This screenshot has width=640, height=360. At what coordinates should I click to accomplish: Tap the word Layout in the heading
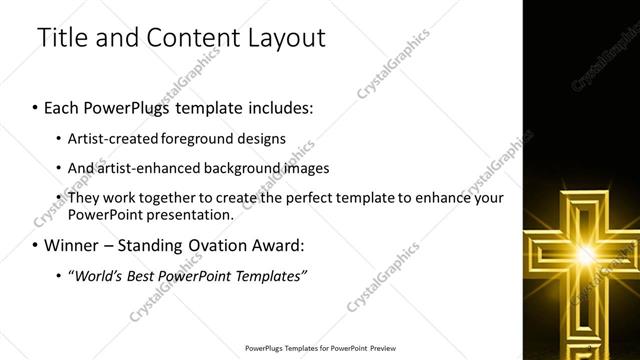click(283, 39)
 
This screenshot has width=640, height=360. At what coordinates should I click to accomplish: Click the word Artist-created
click(111, 138)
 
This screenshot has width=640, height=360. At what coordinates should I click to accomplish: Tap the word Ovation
click(208, 245)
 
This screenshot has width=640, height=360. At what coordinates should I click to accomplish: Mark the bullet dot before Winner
click(36, 246)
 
